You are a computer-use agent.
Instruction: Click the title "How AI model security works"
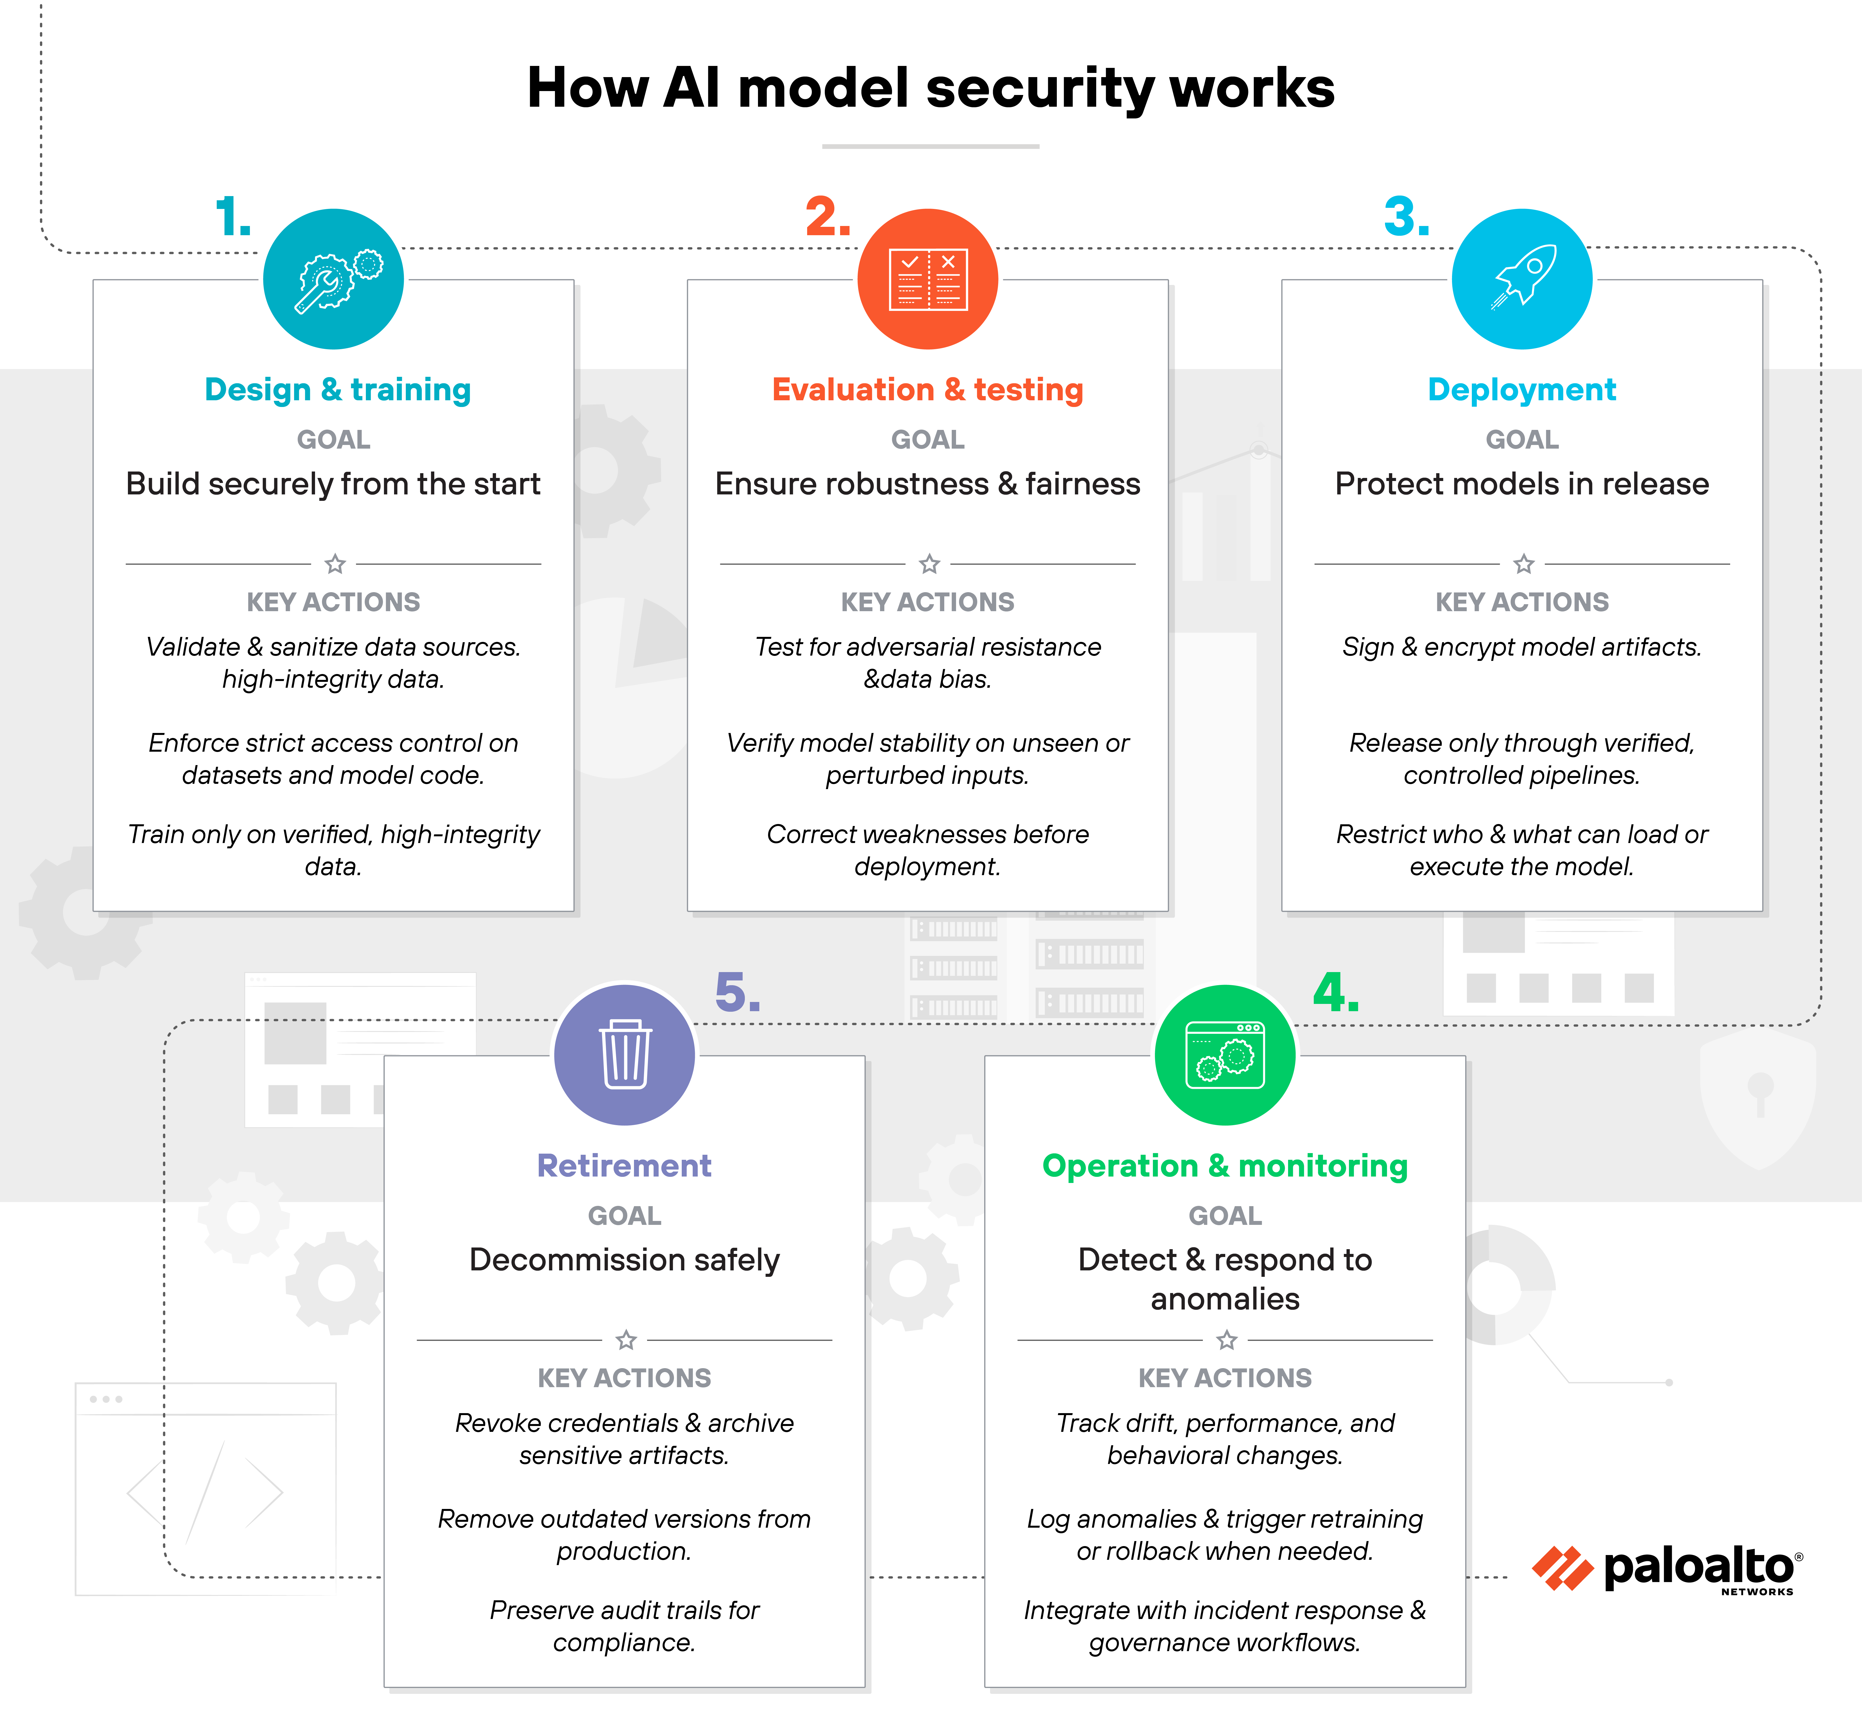tap(930, 88)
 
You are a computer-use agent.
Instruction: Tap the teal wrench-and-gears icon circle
tap(333, 279)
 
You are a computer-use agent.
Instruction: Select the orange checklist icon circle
tap(927, 279)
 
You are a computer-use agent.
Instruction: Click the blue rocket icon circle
tap(1522, 279)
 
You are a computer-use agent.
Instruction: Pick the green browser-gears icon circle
tap(1225, 1055)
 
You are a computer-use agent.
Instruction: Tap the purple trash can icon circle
tap(624, 1055)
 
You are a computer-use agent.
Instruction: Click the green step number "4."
tap(1336, 994)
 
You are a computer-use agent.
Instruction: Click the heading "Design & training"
tap(338, 390)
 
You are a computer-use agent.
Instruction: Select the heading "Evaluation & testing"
tap(927, 390)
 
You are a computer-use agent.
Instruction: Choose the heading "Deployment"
tap(1522, 390)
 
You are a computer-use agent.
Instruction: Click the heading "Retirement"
tap(624, 1166)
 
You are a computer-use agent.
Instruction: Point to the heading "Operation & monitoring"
tap(1225, 1166)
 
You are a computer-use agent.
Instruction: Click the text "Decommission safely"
tap(624, 1260)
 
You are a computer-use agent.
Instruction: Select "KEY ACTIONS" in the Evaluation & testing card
tap(927, 602)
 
